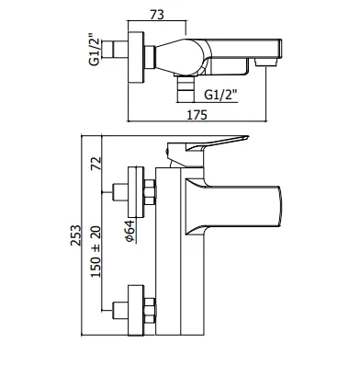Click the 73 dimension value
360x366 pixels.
[x=157, y=15]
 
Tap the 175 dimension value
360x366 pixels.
[x=197, y=115]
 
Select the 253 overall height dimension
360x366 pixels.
[x=75, y=235]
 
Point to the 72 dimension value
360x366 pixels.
[x=96, y=163]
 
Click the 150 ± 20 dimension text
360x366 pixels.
[x=96, y=252]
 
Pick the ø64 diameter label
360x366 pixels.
[x=129, y=232]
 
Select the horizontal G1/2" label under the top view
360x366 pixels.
[x=221, y=95]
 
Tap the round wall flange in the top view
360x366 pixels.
[x=136, y=57]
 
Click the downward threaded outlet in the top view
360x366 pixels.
[x=186, y=89]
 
